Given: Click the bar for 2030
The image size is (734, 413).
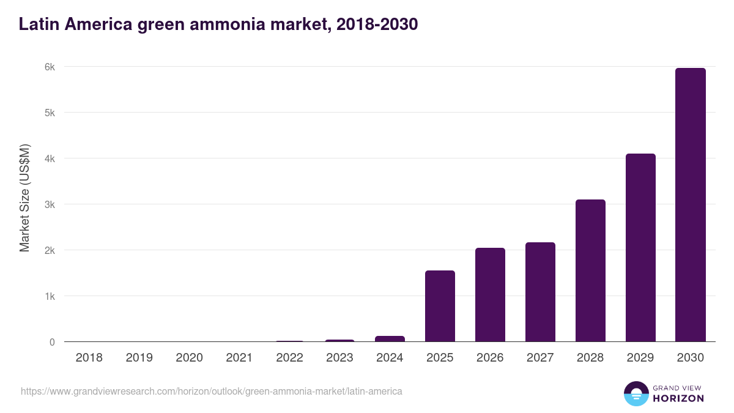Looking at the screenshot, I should tap(691, 205).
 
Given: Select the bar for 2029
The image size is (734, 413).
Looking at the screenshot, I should tap(640, 248).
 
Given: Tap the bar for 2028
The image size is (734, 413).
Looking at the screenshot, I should tap(590, 270).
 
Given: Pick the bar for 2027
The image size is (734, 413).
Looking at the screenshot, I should tap(540, 292).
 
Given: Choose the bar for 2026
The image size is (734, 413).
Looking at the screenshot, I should tap(490, 295).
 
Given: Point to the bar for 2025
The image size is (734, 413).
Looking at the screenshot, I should tap(440, 306).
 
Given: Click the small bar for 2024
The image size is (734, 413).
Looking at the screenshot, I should tap(390, 338).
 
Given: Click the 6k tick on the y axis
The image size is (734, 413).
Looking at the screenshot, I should tap(49, 67).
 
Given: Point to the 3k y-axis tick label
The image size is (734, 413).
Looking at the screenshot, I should tap(49, 204).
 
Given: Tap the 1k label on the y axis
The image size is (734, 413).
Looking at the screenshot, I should tap(49, 296).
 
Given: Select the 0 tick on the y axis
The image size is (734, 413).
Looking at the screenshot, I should tap(52, 342).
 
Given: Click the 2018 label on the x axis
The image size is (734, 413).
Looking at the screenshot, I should tap(89, 358).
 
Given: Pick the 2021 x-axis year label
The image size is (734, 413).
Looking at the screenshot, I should tap(239, 358).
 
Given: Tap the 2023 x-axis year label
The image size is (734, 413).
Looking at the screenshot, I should tap(339, 358).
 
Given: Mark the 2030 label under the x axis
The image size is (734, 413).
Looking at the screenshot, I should tap(691, 358).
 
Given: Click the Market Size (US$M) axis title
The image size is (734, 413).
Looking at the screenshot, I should tap(24, 198).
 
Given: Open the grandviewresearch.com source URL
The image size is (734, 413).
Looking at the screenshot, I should tap(212, 391).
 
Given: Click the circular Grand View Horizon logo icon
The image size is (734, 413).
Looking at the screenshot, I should tap(636, 393).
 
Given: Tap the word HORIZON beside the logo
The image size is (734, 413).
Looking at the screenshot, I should tap(678, 398).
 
